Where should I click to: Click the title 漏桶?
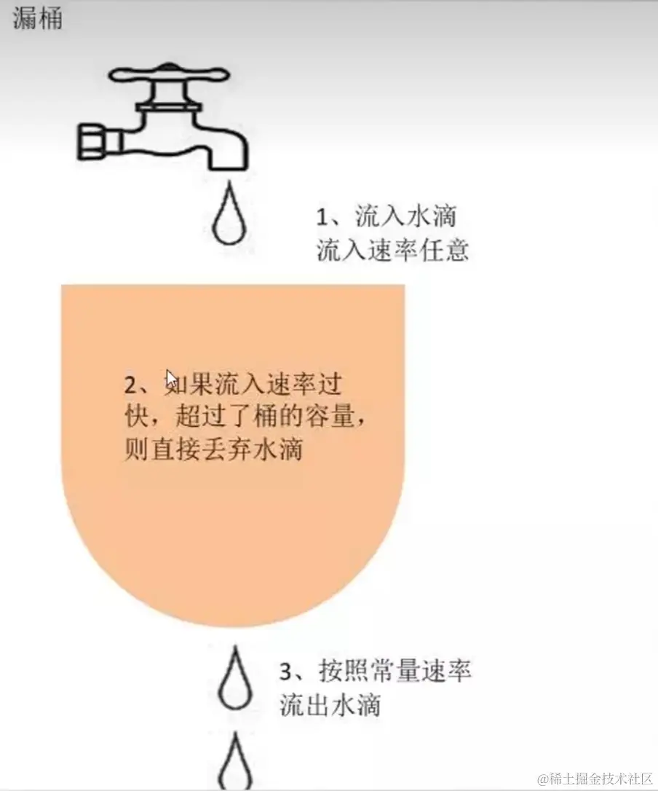(37, 18)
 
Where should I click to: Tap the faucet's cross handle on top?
(170, 75)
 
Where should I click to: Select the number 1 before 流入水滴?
(322, 218)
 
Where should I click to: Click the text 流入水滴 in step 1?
(406, 216)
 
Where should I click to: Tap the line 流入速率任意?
(393, 250)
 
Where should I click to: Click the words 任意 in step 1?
(444, 250)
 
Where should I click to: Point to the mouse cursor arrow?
(172, 380)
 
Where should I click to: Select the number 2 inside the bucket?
(130, 385)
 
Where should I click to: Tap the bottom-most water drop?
(235, 762)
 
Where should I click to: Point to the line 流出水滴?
(330, 704)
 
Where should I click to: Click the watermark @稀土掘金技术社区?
(595, 779)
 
